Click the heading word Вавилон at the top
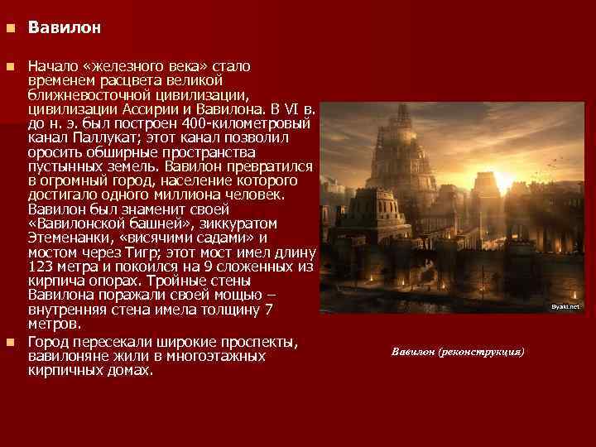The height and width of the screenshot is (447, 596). (65, 28)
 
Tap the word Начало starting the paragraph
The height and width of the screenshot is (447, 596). (51, 65)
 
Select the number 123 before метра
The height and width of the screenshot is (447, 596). (41, 267)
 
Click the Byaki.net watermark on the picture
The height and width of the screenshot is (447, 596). (566, 306)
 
